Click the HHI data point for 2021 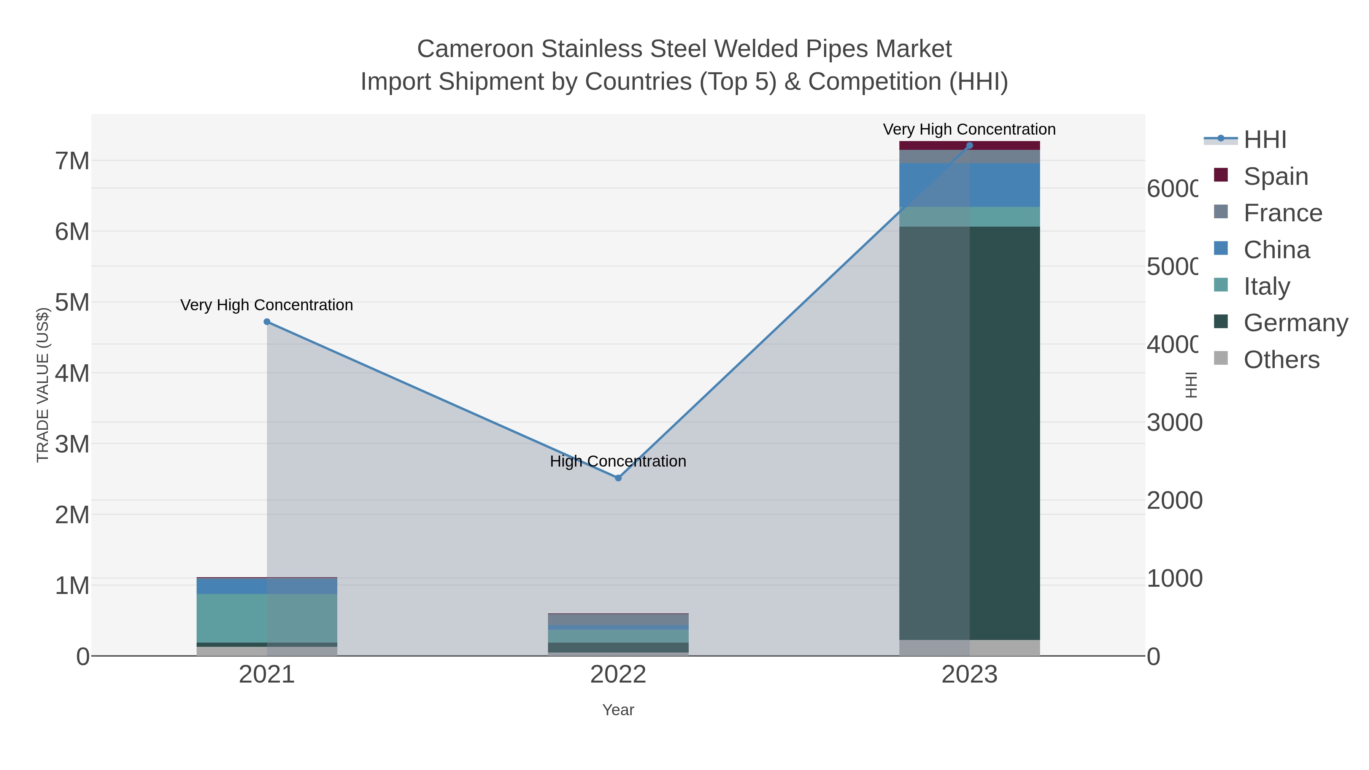[267, 321]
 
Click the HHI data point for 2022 [618, 478]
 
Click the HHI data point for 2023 [969, 146]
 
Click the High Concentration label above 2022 [618, 461]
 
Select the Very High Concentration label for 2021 [267, 305]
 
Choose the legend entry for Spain [1275, 176]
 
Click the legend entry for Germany [1295, 322]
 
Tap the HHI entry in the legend [1265, 139]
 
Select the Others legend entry [1281, 359]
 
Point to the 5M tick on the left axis [72, 302]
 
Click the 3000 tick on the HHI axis [1174, 422]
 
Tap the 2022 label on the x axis [618, 674]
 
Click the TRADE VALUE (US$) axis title [43, 385]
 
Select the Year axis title [618, 710]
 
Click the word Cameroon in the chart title [475, 49]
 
